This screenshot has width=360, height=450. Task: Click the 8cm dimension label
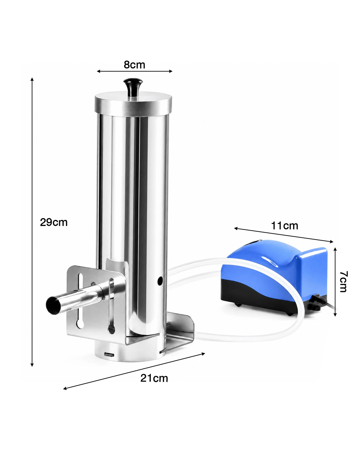(134, 64)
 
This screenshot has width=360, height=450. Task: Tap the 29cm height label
(54, 222)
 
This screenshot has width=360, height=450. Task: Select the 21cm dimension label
(154, 378)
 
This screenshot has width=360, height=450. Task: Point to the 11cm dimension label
(284, 225)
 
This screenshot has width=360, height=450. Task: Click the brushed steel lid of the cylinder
(134, 104)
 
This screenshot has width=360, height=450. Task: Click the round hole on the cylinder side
(160, 280)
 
